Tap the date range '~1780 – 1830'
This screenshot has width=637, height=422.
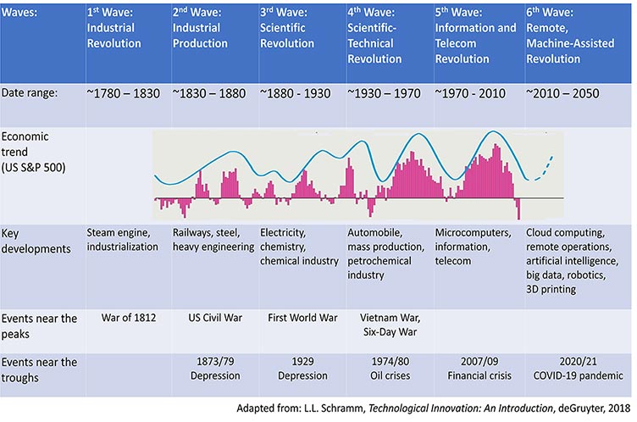124,94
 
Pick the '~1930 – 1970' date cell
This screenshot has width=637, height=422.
386,94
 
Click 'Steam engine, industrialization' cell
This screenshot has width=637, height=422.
123,240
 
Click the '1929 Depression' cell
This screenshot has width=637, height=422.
301,367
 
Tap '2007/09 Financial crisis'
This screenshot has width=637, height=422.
474,367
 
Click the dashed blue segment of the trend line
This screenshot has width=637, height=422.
548,163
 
